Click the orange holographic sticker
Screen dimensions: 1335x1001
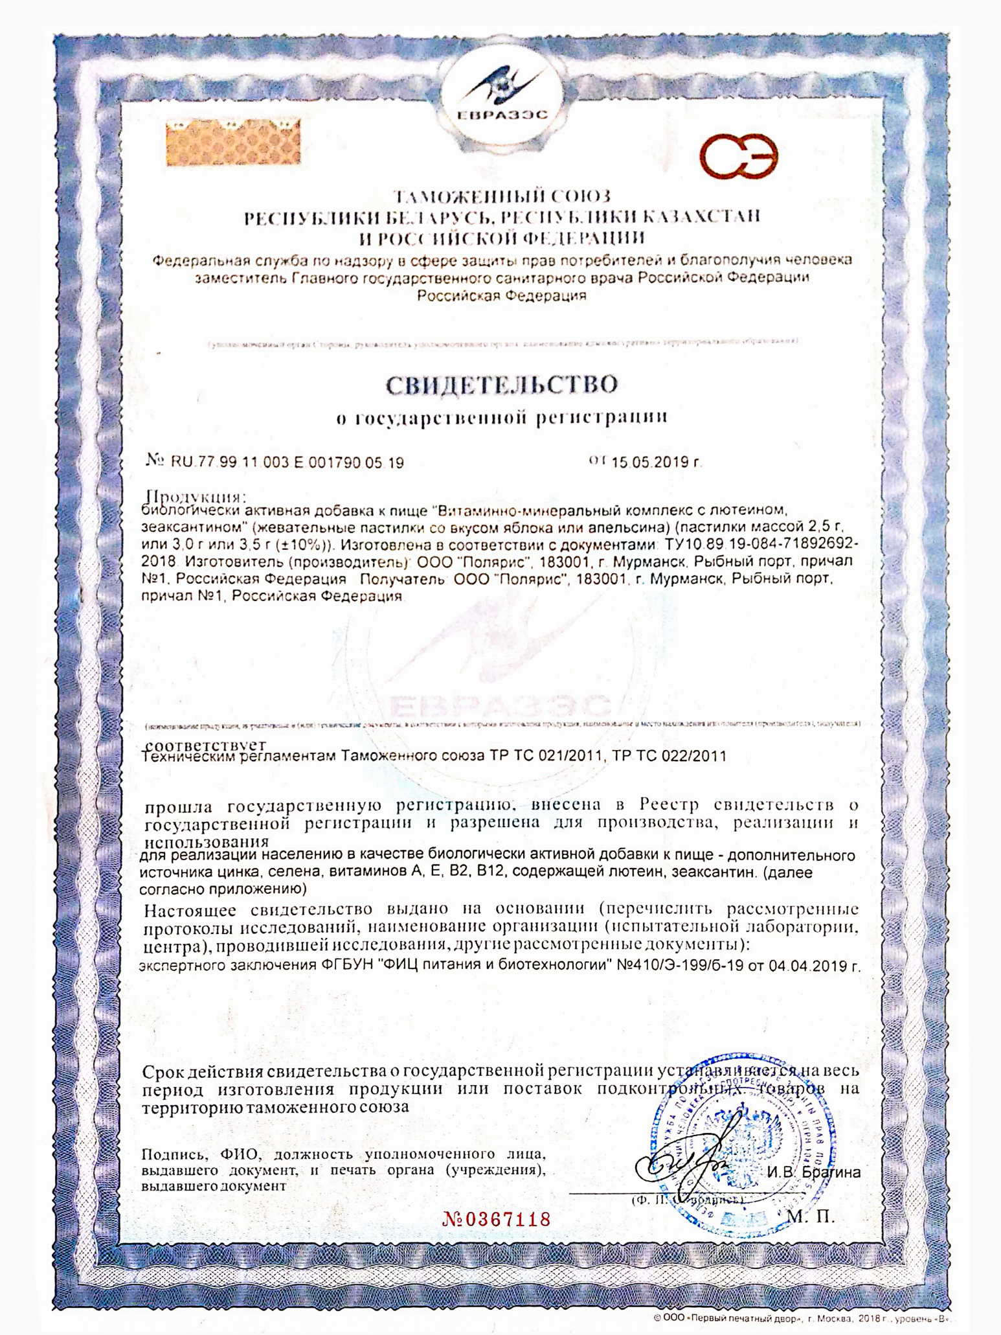(233, 142)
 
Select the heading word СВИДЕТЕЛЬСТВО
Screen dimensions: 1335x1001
(502, 385)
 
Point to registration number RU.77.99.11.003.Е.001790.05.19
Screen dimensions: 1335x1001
(287, 462)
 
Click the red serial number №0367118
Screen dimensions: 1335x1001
(497, 1220)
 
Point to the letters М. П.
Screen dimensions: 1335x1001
(811, 1216)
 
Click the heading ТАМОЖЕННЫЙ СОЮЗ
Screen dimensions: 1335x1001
(502, 196)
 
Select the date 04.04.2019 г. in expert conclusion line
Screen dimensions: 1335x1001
(815, 966)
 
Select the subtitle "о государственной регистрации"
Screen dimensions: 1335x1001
(502, 418)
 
